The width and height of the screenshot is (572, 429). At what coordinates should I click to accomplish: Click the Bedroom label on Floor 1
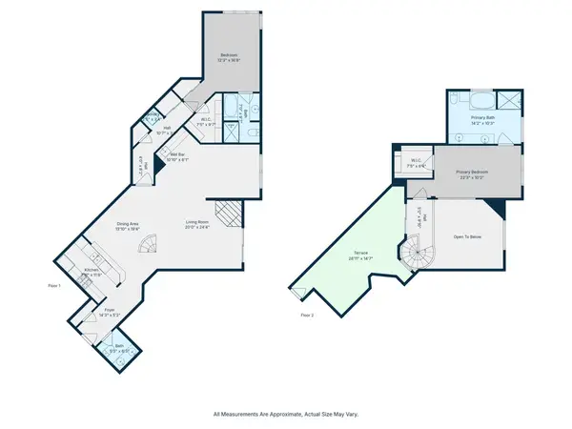[x=229, y=57]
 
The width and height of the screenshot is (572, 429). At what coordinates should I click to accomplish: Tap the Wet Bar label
[x=177, y=156]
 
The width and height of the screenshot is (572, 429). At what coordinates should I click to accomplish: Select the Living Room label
[x=197, y=225]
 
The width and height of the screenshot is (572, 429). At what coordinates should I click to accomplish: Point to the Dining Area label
[x=129, y=225]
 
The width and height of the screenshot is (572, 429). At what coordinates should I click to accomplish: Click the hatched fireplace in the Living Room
[x=225, y=213]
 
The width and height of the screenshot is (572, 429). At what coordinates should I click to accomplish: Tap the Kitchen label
[x=92, y=271]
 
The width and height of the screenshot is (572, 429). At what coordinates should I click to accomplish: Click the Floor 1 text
[x=54, y=285]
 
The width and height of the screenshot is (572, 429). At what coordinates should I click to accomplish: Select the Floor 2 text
[x=307, y=314]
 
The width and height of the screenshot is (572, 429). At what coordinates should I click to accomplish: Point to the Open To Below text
[x=467, y=236]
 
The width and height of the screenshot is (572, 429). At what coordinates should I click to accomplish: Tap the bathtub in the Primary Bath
[x=475, y=99]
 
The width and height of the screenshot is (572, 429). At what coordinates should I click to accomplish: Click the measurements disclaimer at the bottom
[x=286, y=415]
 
